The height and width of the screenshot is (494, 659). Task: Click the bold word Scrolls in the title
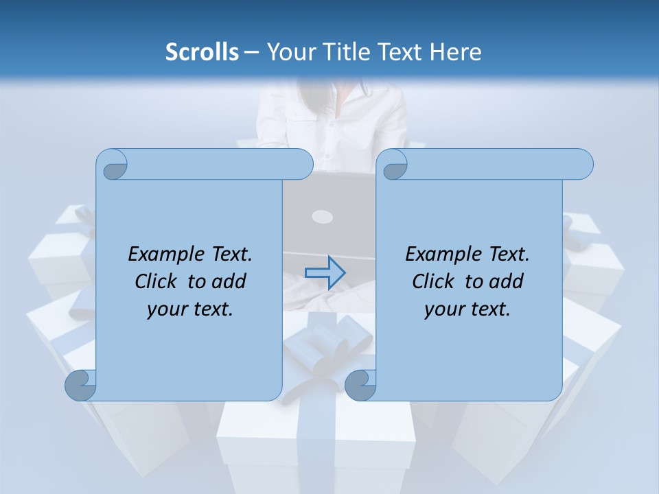[202, 52]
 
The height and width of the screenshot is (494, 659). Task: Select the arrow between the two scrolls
[325, 272]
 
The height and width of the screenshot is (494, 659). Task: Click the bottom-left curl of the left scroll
[80, 385]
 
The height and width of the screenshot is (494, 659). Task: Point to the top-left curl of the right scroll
[394, 165]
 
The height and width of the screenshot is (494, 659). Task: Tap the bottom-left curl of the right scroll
[360, 385]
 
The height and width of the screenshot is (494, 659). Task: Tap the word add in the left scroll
[229, 282]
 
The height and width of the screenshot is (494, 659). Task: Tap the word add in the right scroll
[507, 282]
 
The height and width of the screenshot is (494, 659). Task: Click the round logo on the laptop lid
[322, 217]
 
